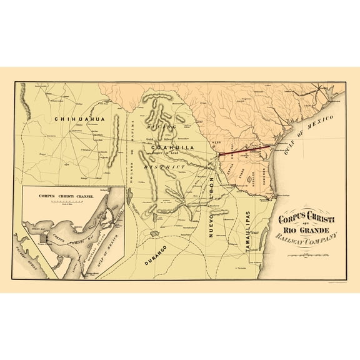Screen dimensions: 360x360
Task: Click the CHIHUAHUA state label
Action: click(77, 118)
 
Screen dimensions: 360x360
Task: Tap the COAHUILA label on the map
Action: click(171, 147)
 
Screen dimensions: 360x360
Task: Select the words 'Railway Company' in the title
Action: click(304, 237)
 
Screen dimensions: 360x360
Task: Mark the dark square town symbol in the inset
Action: click(43, 238)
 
